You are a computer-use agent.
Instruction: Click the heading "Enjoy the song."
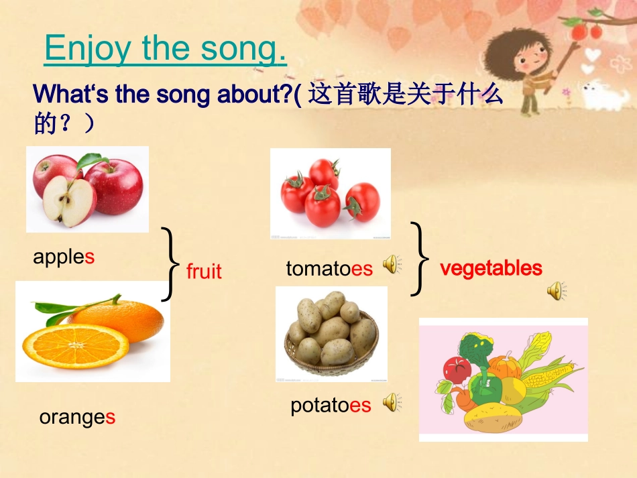pyautogui.click(x=165, y=49)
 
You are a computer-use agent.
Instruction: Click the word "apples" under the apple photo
pyautogui.click(x=64, y=257)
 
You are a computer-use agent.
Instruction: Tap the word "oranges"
pyautogui.click(x=77, y=418)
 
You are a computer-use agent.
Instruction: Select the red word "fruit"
pyautogui.click(x=204, y=271)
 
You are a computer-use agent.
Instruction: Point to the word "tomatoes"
pyautogui.click(x=329, y=268)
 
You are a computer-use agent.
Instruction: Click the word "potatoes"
pyautogui.click(x=331, y=406)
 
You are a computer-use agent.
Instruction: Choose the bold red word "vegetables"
pyautogui.click(x=491, y=268)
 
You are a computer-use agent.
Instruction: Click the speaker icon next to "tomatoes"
pyautogui.click(x=392, y=264)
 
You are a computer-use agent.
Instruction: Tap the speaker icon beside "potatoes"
pyautogui.click(x=392, y=402)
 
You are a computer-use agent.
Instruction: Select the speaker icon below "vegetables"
pyautogui.click(x=557, y=291)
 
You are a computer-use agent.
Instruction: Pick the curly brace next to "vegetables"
pyautogui.click(x=420, y=259)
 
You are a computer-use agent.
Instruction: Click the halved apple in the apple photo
pyautogui.click(x=70, y=200)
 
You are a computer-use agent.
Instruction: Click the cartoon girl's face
pyautogui.click(x=530, y=59)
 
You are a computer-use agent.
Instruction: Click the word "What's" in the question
pyautogui.click(x=70, y=94)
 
